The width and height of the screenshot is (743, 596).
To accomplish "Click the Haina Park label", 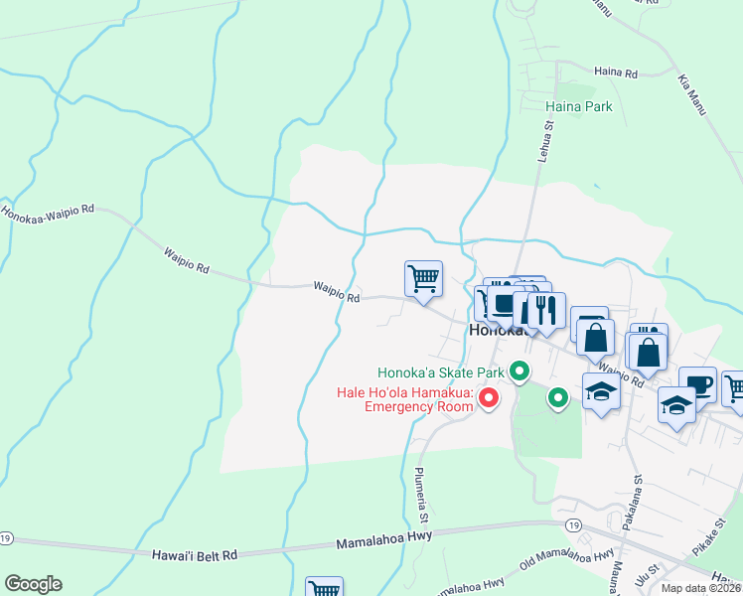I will pyautogui.click(x=579, y=106).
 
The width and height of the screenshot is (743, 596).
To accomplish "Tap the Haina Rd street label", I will pyautogui.click(x=615, y=73).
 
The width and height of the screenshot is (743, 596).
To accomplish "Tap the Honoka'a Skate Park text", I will pyautogui.click(x=441, y=373).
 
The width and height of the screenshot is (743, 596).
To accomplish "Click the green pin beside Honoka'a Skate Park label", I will pyautogui.click(x=519, y=372).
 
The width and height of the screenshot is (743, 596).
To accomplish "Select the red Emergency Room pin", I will pyautogui.click(x=488, y=398).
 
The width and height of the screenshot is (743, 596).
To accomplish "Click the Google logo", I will pyautogui.click(x=33, y=584).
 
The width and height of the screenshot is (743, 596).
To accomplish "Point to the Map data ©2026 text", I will pyautogui.click(x=700, y=588).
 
